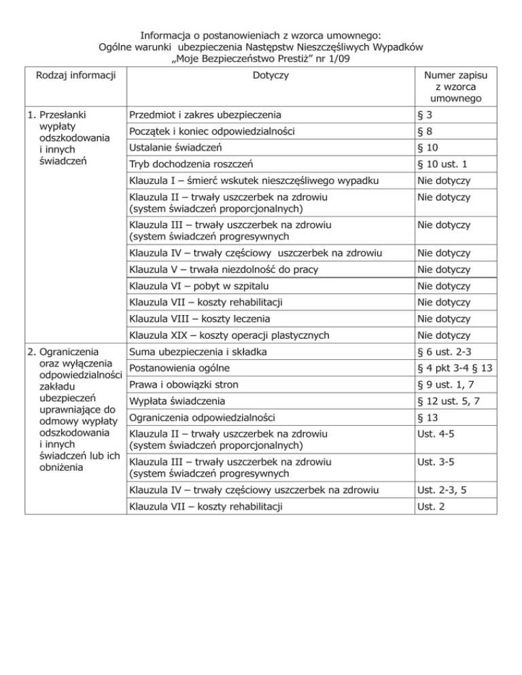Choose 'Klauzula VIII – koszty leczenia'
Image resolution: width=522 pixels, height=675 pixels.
[x=201, y=318]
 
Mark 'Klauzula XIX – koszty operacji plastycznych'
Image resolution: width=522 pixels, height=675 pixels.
[x=229, y=335]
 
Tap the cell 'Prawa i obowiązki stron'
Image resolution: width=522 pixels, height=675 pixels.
[x=184, y=385]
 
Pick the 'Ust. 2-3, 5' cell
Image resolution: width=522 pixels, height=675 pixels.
[x=451, y=489]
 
